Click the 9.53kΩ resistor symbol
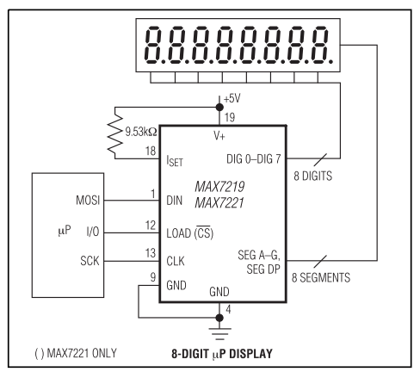[x=114, y=133]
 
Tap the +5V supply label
[x=232, y=98]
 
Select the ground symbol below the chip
[x=219, y=334]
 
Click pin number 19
[x=230, y=117]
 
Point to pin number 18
[x=151, y=151]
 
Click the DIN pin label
[x=174, y=201]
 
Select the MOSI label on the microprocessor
[x=88, y=200]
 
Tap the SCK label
[x=90, y=261]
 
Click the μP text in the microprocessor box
[x=65, y=231]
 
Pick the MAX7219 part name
[x=219, y=187]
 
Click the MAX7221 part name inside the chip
[x=219, y=203]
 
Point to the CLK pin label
[x=176, y=261]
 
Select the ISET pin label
[x=175, y=161]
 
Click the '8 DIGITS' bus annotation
[x=313, y=176]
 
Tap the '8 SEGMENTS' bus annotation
[x=321, y=277]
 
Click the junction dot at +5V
[x=219, y=108]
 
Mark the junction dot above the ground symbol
[x=219, y=318]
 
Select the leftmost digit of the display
[x=153, y=45]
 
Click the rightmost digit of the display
[x=322, y=45]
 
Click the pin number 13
[x=151, y=253]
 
